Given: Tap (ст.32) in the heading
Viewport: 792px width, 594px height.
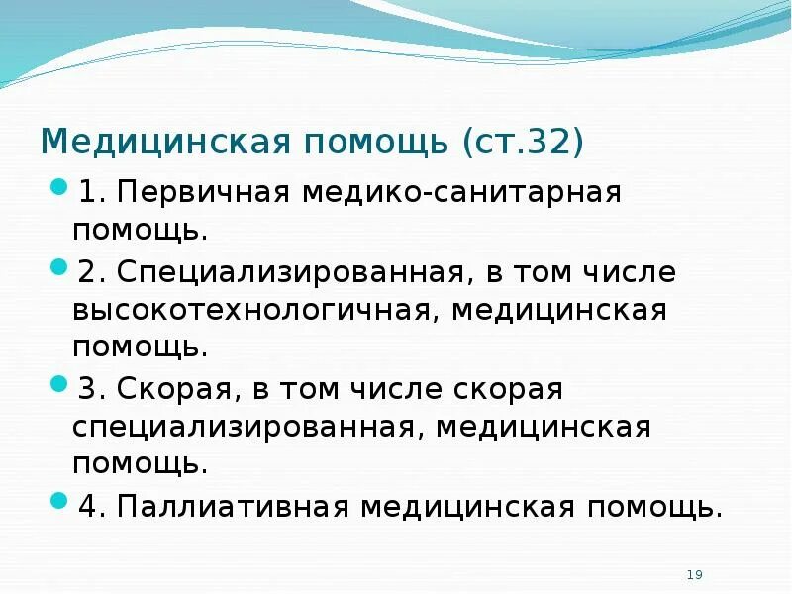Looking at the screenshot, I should [522, 142].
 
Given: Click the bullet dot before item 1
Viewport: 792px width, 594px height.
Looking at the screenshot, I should [58, 187].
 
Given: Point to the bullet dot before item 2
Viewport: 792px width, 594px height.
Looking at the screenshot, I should [58, 267].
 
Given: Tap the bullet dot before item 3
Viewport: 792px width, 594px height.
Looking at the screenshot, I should [58, 384].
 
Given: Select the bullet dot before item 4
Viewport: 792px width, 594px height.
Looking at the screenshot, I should [58, 501].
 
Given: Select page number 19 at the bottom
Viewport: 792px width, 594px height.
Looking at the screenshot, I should [694, 575].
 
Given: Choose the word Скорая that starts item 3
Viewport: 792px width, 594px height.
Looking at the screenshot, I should [170, 389].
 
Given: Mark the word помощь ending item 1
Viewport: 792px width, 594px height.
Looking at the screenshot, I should [141, 232].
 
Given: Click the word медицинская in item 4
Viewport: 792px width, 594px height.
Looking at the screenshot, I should [466, 506].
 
